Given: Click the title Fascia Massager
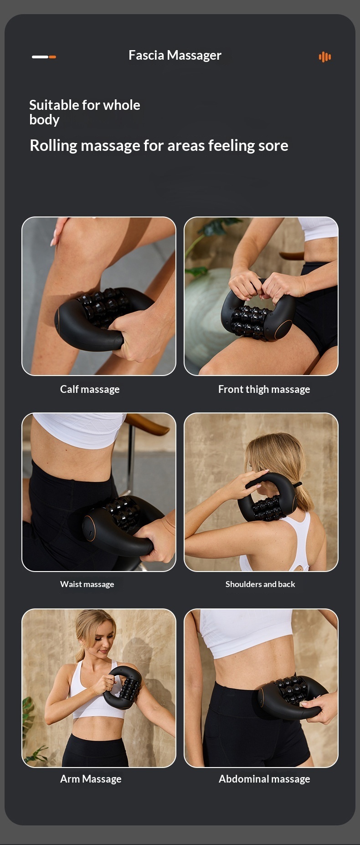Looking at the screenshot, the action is (175, 56).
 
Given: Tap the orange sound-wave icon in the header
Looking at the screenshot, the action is (325, 57).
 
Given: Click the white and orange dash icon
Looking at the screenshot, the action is (44, 57).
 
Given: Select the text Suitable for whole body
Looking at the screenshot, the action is (85, 112).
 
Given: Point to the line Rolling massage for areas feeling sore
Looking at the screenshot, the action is (159, 145).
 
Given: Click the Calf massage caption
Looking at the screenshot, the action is (90, 389).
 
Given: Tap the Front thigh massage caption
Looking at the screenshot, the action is (264, 389).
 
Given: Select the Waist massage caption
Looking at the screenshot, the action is (87, 584).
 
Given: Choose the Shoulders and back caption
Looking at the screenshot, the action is (260, 584).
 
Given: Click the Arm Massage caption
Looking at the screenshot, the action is (91, 779).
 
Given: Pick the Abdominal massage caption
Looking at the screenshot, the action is (264, 779).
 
